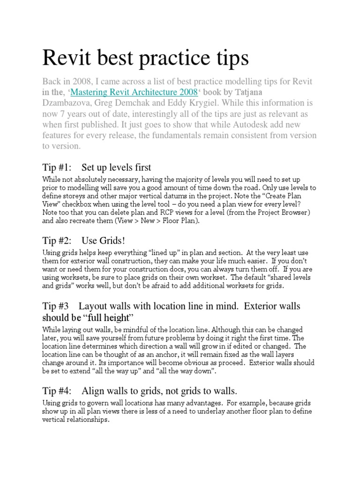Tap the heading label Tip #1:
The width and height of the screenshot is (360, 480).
(x=56, y=167)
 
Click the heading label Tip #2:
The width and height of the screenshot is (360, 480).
(x=56, y=241)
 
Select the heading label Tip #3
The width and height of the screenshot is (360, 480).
(x=55, y=306)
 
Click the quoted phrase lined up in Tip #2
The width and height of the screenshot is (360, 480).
(x=163, y=253)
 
